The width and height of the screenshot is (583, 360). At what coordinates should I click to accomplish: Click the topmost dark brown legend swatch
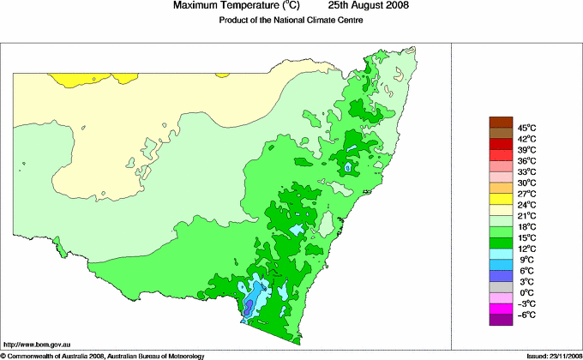coord(500,122)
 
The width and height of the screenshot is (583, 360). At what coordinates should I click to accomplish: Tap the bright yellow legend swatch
coord(500,199)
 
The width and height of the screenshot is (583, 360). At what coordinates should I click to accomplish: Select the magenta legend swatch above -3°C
coord(500,309)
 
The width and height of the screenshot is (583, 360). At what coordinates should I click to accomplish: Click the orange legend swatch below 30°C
coord(500,188)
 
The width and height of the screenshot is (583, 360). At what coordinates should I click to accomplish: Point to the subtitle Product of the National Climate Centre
coord(291,21)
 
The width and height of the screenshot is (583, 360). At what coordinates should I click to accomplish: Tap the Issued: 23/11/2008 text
coord(548,355)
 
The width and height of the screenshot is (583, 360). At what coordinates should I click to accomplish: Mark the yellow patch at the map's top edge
coord(74,79)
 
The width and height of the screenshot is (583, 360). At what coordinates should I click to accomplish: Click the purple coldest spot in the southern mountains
coord(249,306)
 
